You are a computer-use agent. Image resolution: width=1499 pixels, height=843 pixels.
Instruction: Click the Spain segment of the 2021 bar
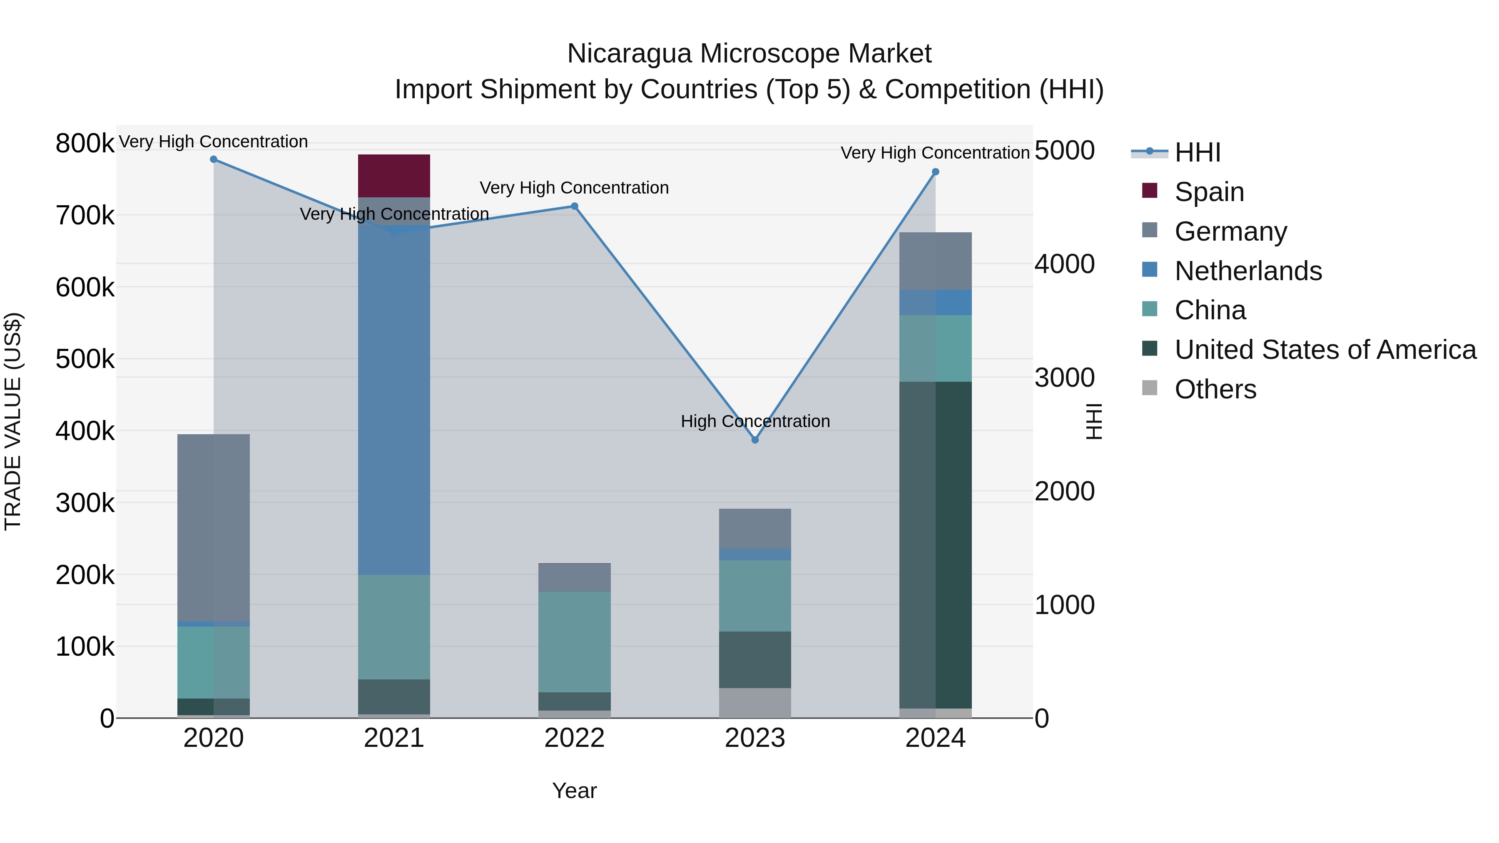[x=393, y=176]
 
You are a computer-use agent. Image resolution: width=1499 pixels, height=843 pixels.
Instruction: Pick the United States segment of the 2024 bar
[x=935, y=545]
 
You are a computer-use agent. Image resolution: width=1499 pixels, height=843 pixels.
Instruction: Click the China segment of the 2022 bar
[x=574, y=642]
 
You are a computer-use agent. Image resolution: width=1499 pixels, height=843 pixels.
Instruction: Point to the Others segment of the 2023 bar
[x=755, y=703]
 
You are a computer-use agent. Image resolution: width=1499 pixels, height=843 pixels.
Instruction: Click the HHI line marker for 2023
[x=755, y=440]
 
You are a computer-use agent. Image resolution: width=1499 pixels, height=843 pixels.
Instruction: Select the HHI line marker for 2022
[x=574, y=206]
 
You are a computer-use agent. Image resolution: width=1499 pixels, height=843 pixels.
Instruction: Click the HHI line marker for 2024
[x=935, y=172]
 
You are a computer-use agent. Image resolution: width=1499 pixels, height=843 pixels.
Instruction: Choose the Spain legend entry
[x=1209, y=192]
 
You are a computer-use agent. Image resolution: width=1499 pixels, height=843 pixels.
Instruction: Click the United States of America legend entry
[x=1325, y=350]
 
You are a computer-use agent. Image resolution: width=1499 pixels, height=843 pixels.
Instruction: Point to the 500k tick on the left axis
[x=85, y=359]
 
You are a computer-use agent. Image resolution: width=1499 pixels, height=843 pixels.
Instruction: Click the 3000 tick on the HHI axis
[x=1064, y=378]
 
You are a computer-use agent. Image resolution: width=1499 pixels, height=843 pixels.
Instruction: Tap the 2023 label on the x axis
[x=755, y=738]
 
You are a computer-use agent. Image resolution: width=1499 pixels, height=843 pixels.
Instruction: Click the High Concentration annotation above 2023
[x=755, y=421]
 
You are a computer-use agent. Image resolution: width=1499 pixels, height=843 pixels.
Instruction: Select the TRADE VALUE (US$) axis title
[x=13, y=421]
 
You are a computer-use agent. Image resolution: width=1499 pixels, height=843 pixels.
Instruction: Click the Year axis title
[x=574, y=791]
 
